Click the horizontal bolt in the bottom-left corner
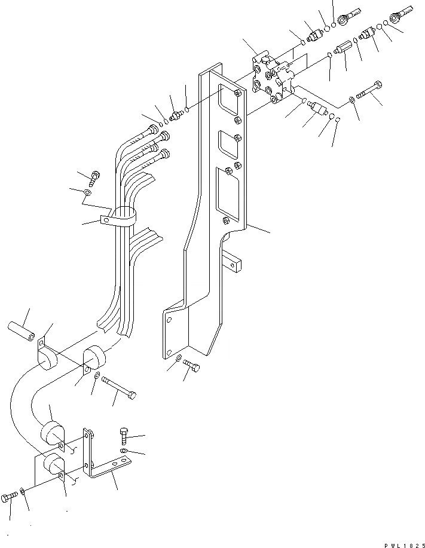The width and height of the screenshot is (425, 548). [x=10, y=497]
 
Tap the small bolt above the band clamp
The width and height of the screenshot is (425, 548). [x=94, y=177]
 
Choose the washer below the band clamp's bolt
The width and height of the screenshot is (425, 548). [x=88, y=193]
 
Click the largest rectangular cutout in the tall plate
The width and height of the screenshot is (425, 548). [x=227, y=188]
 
